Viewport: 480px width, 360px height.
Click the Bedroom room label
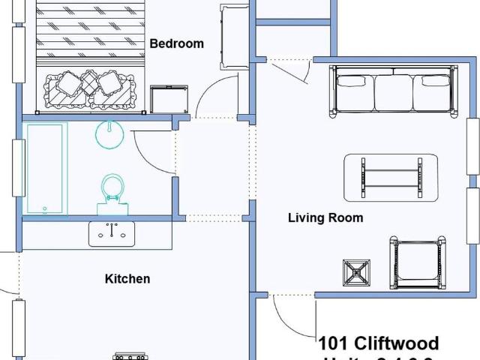[x=176, y=43]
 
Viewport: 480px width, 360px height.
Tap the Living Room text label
[x=325, y=218]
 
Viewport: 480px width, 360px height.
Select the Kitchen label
[x=127, y=279]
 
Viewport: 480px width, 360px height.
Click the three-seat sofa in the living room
[x=394, y=91]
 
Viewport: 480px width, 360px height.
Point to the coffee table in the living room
[x=391, y=178]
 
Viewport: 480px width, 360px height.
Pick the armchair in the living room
[x=418, y=263]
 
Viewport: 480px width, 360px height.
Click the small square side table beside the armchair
[x=357, y=274]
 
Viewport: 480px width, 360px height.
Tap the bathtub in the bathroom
[x=46, y=169]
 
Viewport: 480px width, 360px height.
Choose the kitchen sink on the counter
[x=112, y=234]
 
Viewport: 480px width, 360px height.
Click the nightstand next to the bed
[x=168, y=99]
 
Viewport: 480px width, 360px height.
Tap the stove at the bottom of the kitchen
[x=127, y=356]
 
